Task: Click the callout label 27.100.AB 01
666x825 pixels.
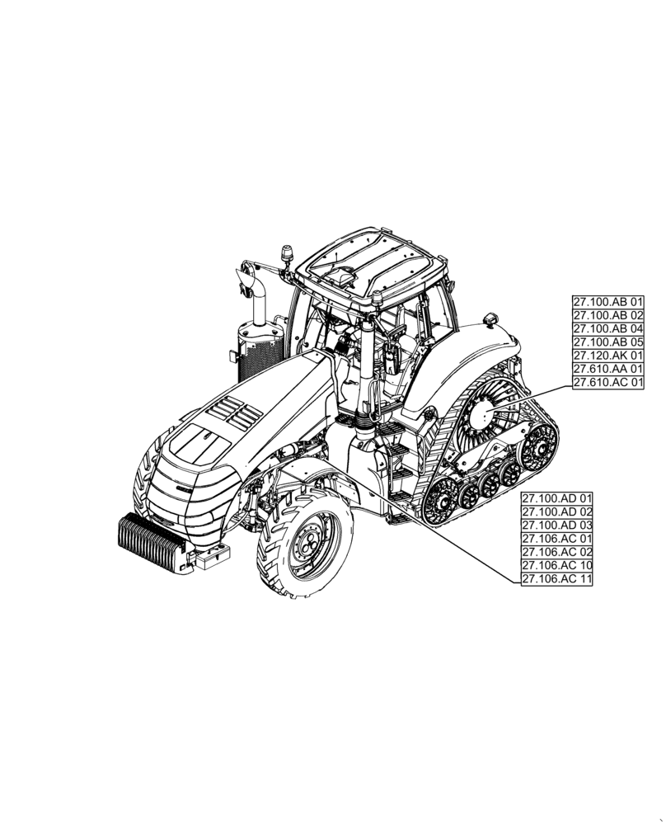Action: pos(608,302)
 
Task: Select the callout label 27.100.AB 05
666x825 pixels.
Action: pos(608,342)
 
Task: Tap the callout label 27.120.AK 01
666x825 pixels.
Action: pos(608,355)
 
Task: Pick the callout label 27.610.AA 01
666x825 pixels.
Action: pos(608,368)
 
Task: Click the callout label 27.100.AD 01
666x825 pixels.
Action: pos(557,499)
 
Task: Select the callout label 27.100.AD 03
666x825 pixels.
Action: pos(557,526)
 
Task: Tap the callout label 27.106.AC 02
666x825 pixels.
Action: pos(557,552)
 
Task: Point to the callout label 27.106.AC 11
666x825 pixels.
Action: pos(557,579)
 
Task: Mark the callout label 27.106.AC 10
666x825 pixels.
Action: pos(557,565)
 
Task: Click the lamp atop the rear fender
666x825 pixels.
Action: pos(492,318)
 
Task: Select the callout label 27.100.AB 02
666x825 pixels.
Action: pos(608,315)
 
